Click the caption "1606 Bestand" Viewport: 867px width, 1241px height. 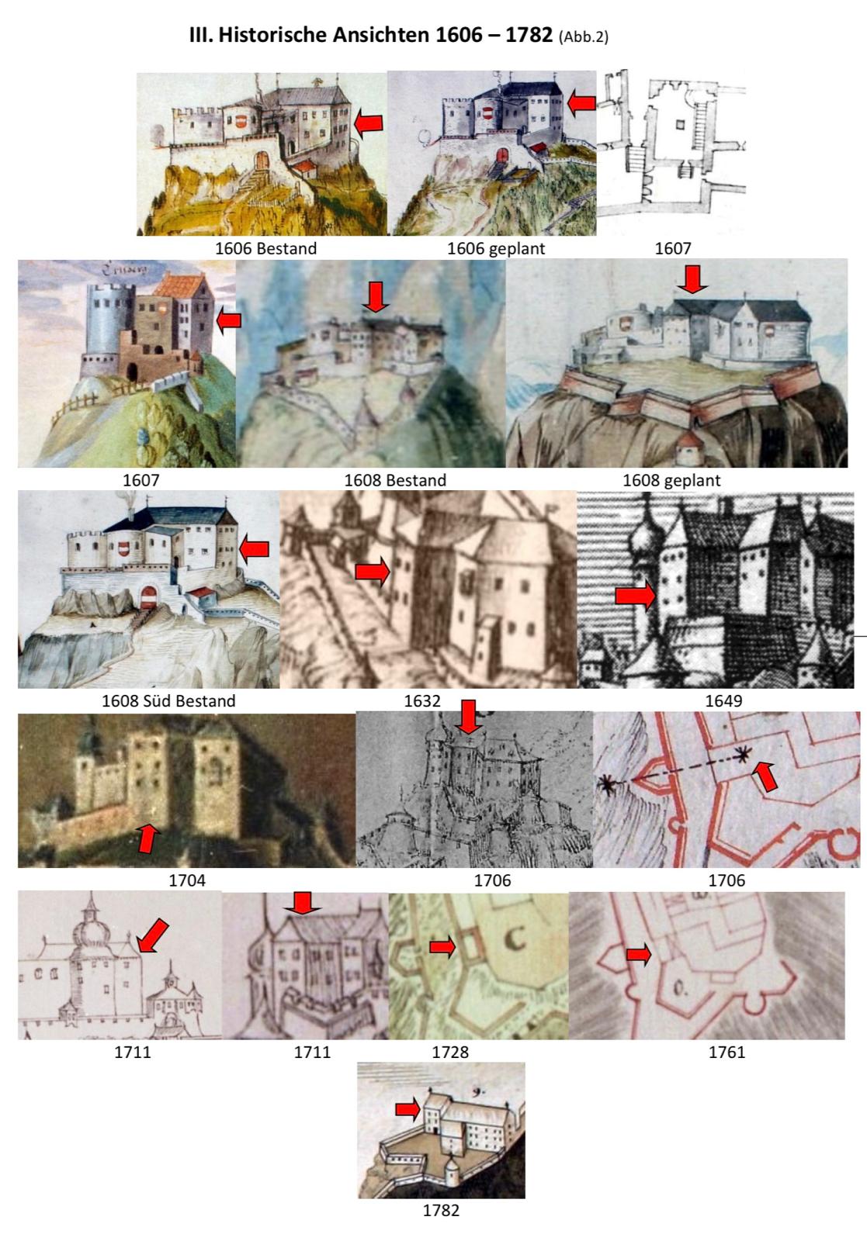265,248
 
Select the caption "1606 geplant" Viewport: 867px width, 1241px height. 496,248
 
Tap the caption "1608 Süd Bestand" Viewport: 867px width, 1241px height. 168,701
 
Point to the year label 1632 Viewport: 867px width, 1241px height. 422,701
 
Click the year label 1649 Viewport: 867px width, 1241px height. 723,701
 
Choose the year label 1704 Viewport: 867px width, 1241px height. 187,880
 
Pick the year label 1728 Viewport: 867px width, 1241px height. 450,1052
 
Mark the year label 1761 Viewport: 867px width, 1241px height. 727,1052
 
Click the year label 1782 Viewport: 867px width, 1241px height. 441,1211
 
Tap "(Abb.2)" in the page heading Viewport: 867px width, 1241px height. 584,36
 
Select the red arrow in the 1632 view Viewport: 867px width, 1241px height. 373,572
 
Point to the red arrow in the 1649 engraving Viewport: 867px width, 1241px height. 636,596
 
